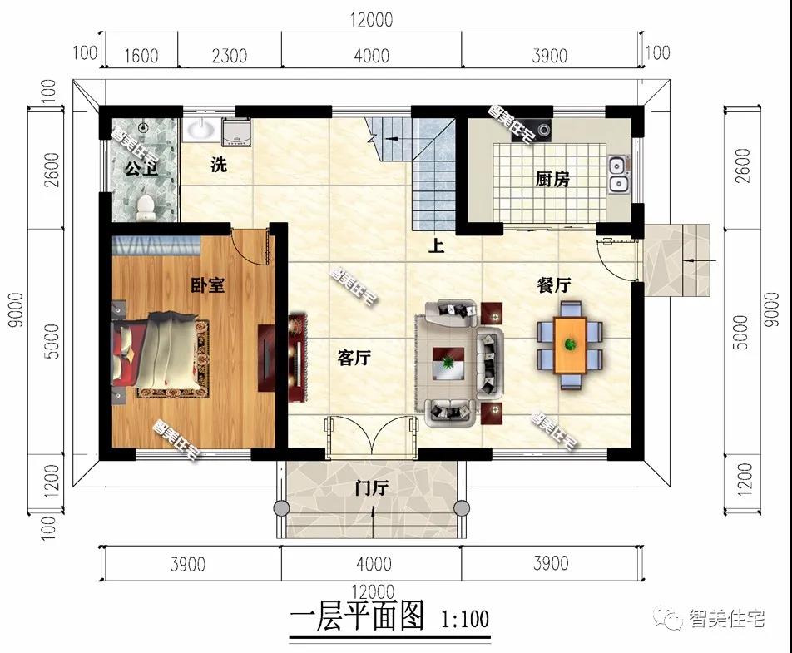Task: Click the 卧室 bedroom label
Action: click(208, 285)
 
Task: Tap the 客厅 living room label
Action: click(354, 358)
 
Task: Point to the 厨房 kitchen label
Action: click(552, 179)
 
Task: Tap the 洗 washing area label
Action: click(219, 165)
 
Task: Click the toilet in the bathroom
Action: click(145, 205)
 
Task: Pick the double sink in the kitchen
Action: click(618, 174)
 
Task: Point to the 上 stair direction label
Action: click(435, 246)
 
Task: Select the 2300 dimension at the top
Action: click(230, 56)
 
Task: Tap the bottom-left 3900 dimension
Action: click(188, 564)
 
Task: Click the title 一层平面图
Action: click(357, 617)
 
